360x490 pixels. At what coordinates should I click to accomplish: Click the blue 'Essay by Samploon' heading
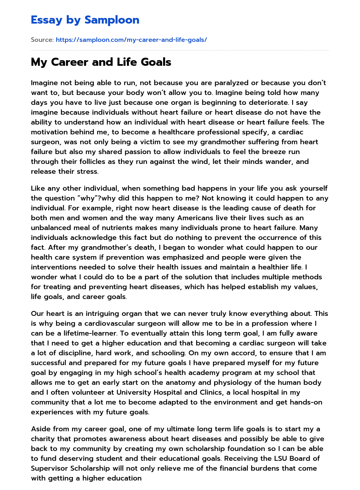85,20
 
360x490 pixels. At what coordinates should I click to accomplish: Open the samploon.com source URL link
131,40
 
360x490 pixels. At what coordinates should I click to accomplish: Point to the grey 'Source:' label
42,40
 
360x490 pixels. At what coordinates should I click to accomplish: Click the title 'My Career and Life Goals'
101,62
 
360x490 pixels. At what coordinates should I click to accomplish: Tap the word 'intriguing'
86,313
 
